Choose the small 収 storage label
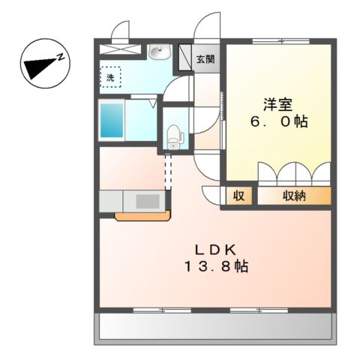(238, 196)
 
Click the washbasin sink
(158, 52)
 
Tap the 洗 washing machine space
(110, 76)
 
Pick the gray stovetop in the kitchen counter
(148, 202)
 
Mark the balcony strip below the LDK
(214, 327)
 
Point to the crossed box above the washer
(120, 49)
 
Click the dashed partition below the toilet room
(168, 171)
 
